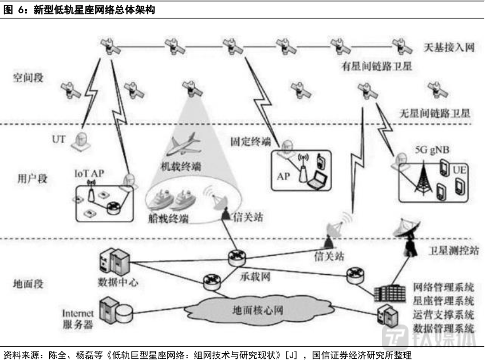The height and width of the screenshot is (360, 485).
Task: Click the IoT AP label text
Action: (x=92, y=172)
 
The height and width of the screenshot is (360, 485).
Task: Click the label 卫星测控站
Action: (x=453, y=250)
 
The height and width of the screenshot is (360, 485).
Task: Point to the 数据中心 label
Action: (x=118, y=282)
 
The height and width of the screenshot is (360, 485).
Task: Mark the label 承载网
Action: (x=254, y=277)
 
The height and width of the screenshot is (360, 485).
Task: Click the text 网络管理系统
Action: (x=444, y=287)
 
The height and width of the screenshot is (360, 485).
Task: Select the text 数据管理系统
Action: (x=444, y=329)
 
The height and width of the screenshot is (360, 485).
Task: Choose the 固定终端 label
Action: (x=250, y=140)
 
